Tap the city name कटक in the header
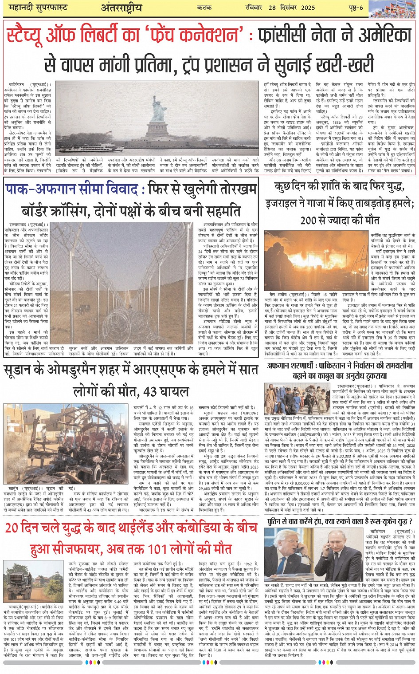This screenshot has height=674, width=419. point(204,8)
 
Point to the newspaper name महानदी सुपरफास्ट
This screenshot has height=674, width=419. point(38,8)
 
